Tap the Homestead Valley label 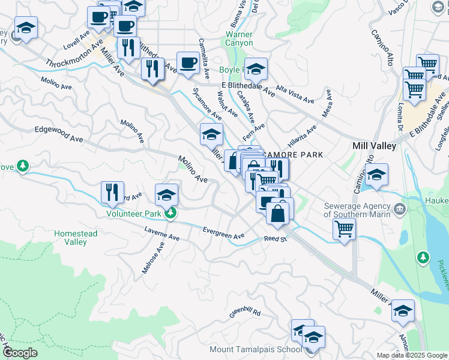tap(79, 238)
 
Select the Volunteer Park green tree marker tap(171, 213)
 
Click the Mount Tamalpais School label tap(256, 349)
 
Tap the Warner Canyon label tap(238, 38)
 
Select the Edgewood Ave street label tap(58, 134)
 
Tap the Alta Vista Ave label tap(295, 94)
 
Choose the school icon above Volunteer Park tap(167, 195)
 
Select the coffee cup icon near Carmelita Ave tap(188, 63)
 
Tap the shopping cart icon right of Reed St tap(344, 229)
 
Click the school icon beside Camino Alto tap(376, 175)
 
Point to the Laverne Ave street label tap(162, 233)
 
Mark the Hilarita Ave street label tap(302, 139)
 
